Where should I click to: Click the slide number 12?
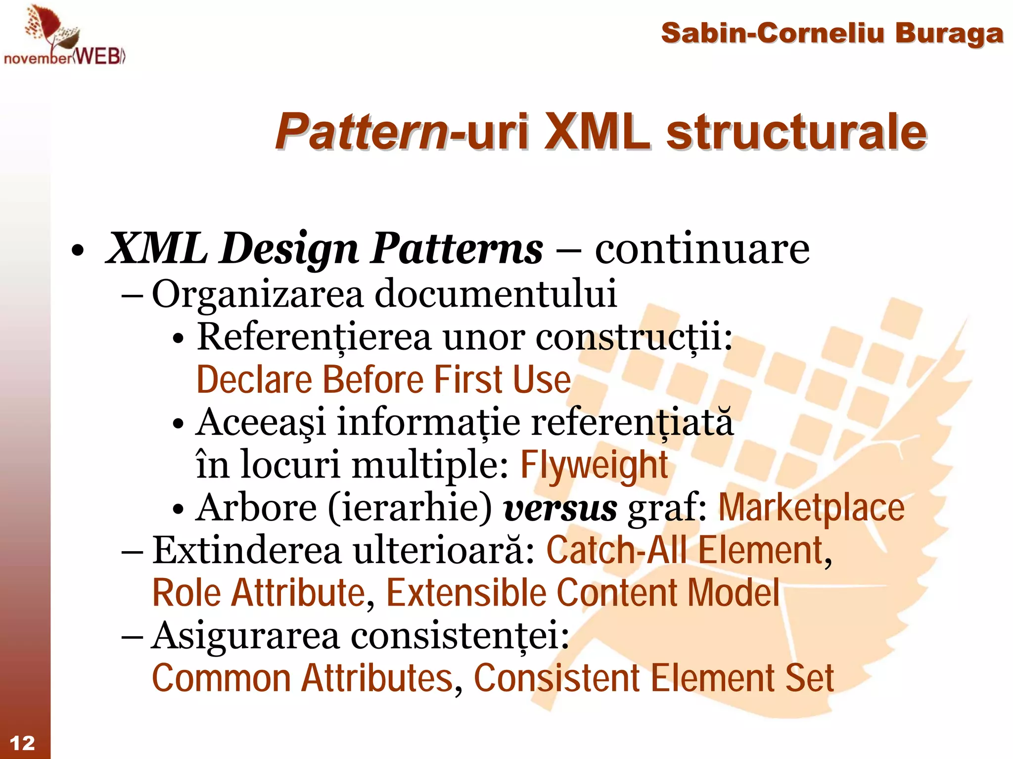22,743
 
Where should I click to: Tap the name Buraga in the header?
949,34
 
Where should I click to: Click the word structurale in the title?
796,132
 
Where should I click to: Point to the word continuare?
702,249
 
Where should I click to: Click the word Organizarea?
257,294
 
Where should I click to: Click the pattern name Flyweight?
594,465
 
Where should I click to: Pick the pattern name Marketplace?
811,508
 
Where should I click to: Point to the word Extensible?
465,593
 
